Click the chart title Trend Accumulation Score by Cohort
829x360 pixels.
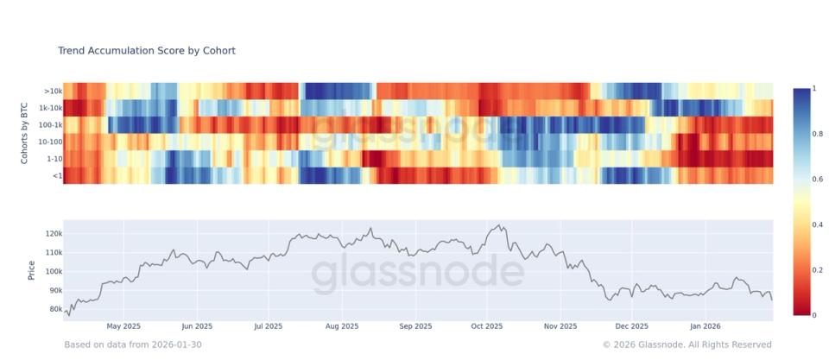pos(146,51)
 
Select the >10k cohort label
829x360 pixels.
pos(52,91)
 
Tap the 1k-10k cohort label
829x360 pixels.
pos(49,108)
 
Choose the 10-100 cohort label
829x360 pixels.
pos(48,142)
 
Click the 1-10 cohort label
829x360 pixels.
pos(53,159)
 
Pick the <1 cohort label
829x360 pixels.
pos(56,175)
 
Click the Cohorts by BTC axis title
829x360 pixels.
pos(26,133)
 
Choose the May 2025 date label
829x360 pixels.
pos(123,327)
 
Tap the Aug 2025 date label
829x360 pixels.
pos(343,327)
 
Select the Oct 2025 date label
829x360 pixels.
pos(487,327)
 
